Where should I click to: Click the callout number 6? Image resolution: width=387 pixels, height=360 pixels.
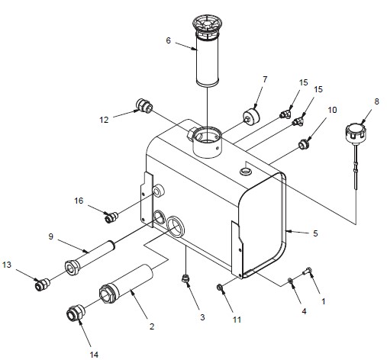click(x=168, y=40)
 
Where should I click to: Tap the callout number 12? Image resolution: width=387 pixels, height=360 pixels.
click(x=104, y=120)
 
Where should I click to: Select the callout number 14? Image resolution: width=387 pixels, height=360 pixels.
click(x=94, y=355)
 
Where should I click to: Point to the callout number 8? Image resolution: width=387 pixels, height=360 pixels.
click(x=376, y=101)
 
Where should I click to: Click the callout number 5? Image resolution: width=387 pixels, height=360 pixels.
click(x=315, y=233)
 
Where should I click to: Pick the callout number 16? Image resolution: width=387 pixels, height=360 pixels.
click(x=79, y=201)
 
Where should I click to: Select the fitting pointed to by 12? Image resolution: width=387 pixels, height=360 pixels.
click(x=144, y=106)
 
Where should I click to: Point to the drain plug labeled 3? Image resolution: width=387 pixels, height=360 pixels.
click(x=185, y=278)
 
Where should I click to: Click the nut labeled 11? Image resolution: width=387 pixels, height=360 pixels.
click(x=220, y=288)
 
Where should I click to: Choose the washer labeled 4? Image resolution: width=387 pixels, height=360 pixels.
click(x=290, y=281)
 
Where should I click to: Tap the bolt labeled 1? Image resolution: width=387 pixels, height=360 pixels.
click(x=307, y=272)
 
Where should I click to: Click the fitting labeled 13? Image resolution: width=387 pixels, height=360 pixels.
click(x=41, y=284)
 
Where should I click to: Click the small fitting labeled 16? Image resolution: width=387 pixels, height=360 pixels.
click(x=111, y=217)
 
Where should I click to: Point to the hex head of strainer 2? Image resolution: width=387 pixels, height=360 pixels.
click(x=108, y=294)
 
